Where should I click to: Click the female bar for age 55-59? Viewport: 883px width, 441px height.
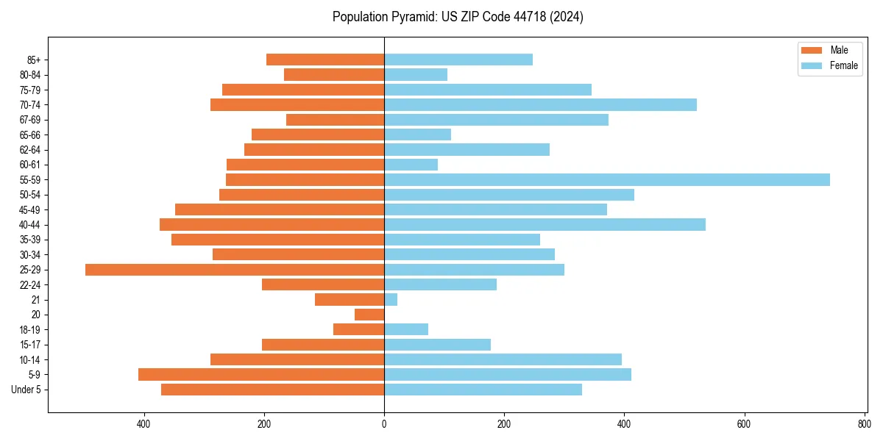(x=606, y=180)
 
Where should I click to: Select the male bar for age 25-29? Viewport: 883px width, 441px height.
(x=235, y=270)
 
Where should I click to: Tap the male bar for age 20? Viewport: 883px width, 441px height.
(x=369, y=315)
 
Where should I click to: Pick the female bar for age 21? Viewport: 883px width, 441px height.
(x=391, y=300)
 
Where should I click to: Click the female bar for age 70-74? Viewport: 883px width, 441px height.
(x=540, y=105)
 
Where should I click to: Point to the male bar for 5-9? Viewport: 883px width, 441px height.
(x=261, y=375)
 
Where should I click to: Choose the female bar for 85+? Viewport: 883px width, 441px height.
(x=458, y=60)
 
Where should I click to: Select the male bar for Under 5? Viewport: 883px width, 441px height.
(x=272, y=390)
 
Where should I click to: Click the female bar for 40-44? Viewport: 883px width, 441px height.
(x=545, y=225)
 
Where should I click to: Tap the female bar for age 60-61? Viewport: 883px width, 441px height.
(x=411, y=165)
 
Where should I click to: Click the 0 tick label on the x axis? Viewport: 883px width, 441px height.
(x=384, y=424)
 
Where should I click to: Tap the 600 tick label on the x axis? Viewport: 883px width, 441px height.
(x=744, y=424)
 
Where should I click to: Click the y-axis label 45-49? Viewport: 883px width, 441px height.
(x=30, y=210)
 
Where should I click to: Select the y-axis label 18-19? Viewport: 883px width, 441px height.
(x=30, y=330)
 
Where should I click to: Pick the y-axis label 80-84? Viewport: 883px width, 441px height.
(x=30, y=75)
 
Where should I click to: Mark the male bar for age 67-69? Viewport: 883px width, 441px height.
(x=335, y=120)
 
